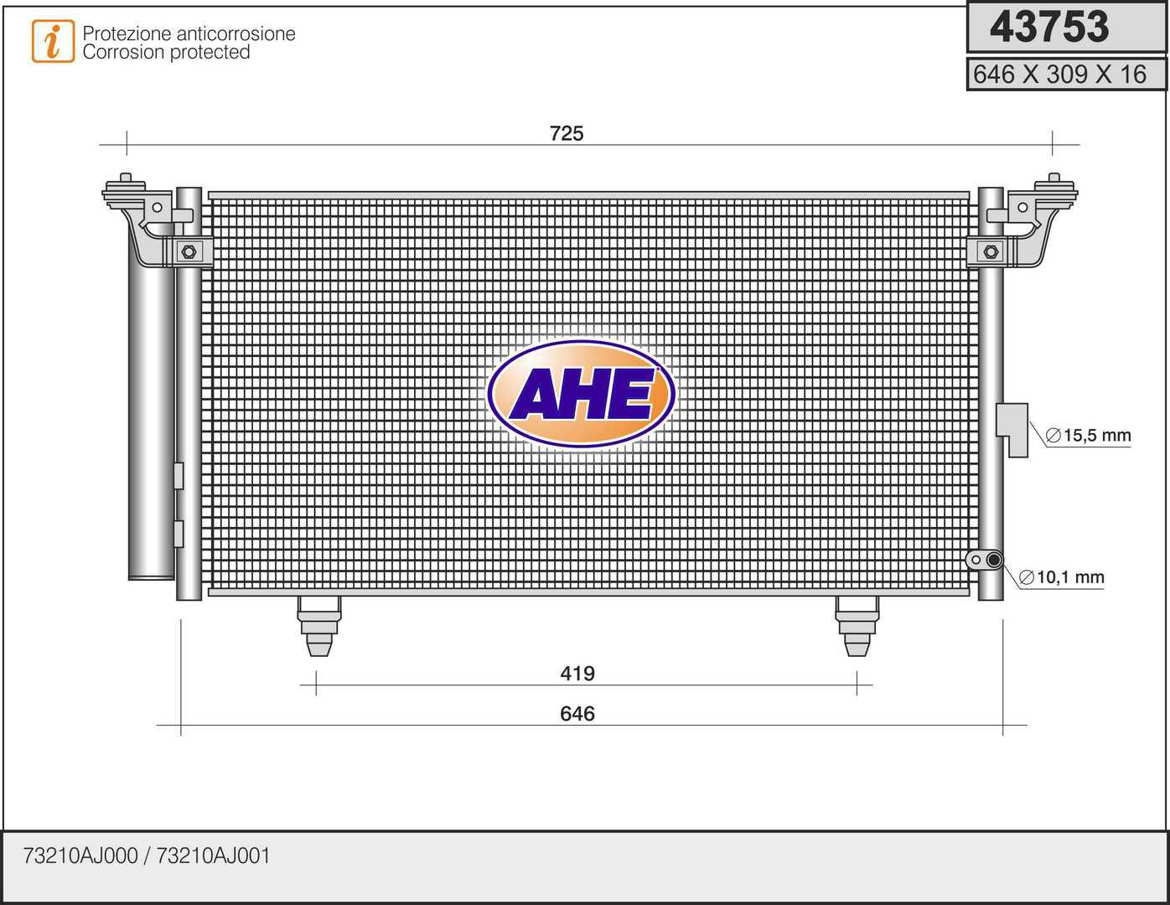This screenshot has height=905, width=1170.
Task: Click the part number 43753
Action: click(x=1048, y=27)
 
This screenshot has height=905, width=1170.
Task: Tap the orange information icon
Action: click(x=53, y=41)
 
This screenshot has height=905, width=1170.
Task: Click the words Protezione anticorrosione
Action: click(x=189, y=34)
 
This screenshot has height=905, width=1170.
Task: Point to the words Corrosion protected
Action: click(x=167, y=52)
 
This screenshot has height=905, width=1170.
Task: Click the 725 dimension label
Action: click(x=567, y=133)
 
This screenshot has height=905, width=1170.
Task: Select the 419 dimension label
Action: click(x=577, y=673)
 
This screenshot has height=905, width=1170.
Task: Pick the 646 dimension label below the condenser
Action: click(x=577, y=713)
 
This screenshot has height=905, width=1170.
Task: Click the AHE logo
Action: click(x=581, y=394)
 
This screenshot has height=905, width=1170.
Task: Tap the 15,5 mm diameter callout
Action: click(x=1088, y=435)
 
